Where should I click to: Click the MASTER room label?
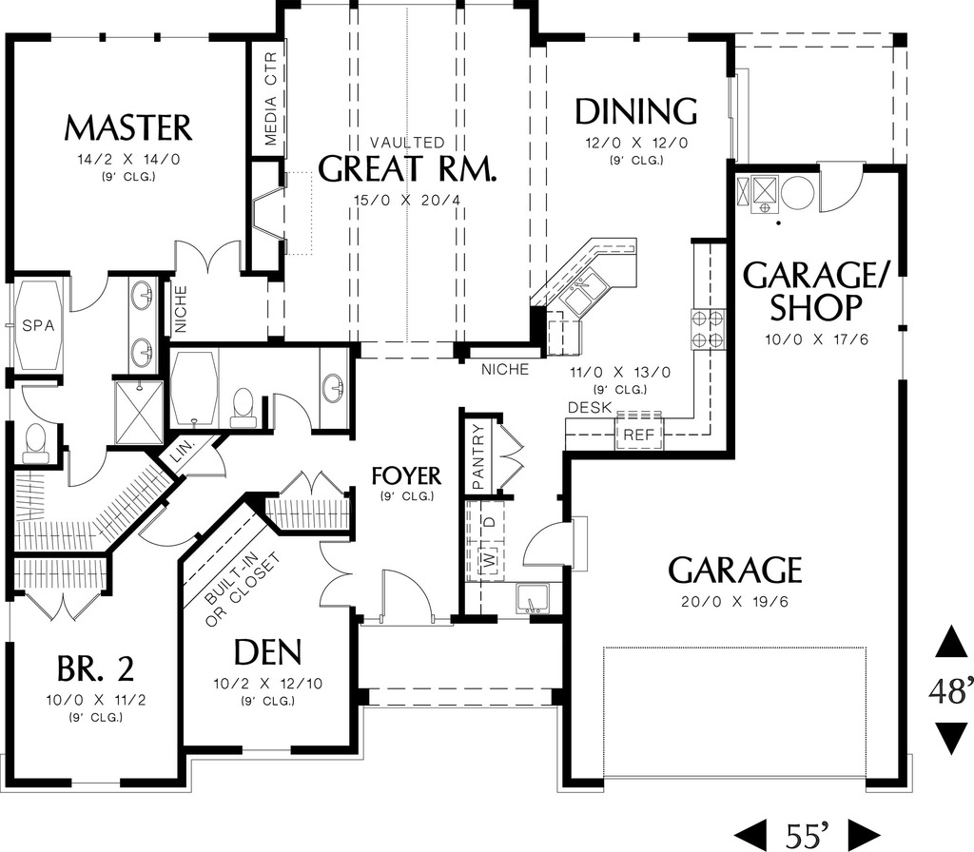(x=128, y=127)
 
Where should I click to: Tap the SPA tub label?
(x=39, y=325)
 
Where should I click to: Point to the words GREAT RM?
(x=407, y=169)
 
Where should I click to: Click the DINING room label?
(x=636, y=111)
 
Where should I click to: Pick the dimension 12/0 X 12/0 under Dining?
(x=636, y=143)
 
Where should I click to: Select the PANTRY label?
(x=477, y=454)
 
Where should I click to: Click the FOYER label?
(x=406, y=475)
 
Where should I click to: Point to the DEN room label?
(x=267, y=652)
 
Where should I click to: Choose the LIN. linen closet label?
(x=182, y=455)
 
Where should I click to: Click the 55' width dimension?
(x=808, y=834)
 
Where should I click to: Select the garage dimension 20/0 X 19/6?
(x=734, y=602)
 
